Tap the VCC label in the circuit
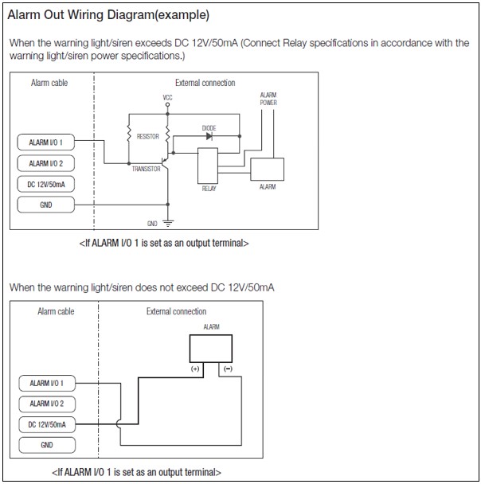(x=167, y=98)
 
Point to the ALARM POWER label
(x=268, y=99)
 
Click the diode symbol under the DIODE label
(x=209, y=136)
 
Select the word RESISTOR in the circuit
(x=148, y=137)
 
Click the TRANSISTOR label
(x=147, y=169)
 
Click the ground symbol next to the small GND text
(x=167, y=223)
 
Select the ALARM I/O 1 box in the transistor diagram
(x=45, y=142)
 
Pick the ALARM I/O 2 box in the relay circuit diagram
(x=45, y=163)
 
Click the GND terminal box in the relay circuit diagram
(x=45, y=205)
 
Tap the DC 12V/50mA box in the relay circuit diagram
(x=45, y=184)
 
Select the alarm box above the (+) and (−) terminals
(x=210, y=347)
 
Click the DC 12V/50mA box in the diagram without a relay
(x=46, y=424)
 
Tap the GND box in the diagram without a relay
(x=46, y=445)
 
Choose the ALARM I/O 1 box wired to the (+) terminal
(x=46, y=383)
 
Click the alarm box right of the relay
(x=268, y=170)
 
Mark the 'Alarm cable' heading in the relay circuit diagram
(x=49, y=83)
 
